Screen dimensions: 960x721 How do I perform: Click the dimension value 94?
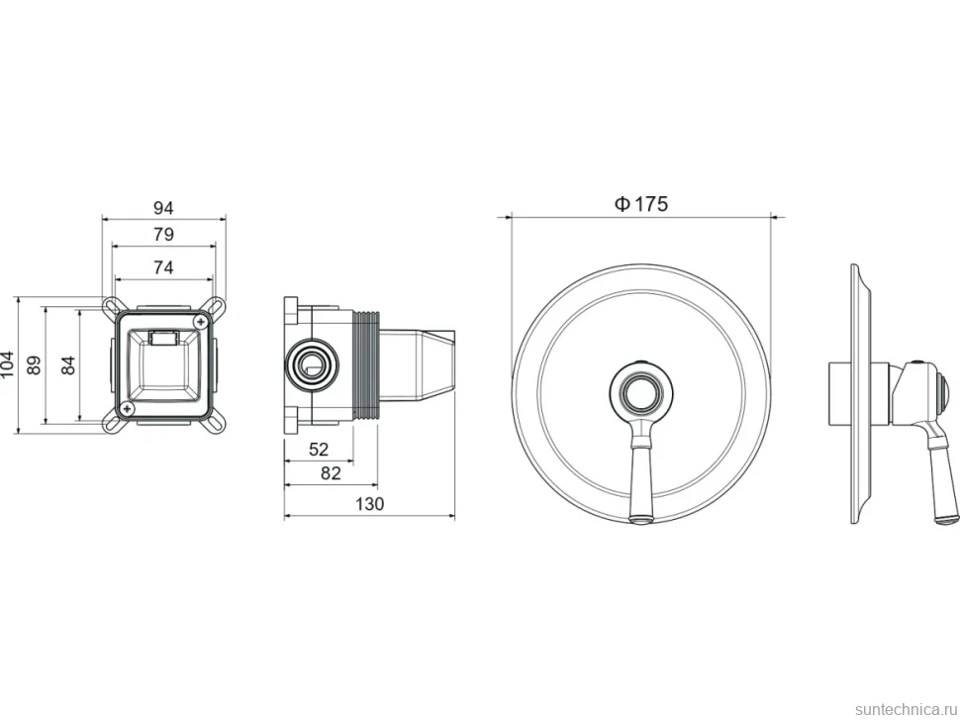pos(163,208)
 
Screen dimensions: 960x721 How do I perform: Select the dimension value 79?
pos(163,235)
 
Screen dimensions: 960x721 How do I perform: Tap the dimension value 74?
pos(163,267)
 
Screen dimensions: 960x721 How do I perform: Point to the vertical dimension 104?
pos(7,365)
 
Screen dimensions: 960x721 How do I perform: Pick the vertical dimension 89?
pos(35,365)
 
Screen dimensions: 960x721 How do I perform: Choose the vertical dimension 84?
pos(68,365)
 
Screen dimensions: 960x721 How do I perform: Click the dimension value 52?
pos(319,450)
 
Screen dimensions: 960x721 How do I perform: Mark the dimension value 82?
pos(330,473)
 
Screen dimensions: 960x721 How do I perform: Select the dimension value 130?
pos(370,504)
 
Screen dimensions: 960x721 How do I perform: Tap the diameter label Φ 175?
pos(641,203)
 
